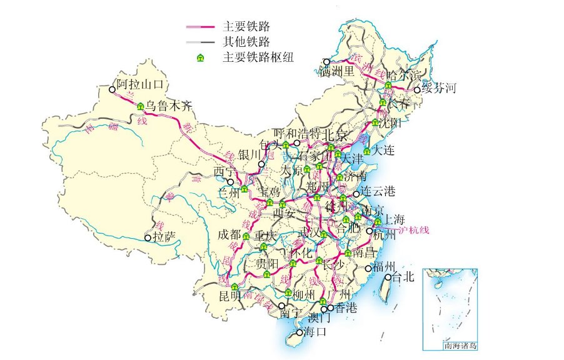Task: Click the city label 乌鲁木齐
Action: point(168,107)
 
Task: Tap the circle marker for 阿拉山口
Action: point(113,90)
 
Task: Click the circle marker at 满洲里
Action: point(326,61)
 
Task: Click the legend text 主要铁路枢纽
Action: point(258,57)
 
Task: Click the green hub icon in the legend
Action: point(201,58)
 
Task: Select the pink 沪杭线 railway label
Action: point(415,229)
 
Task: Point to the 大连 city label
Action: point(385,151)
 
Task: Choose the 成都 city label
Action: point(229,235)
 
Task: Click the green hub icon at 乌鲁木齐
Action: point(141,107)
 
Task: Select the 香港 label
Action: point(346,307)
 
